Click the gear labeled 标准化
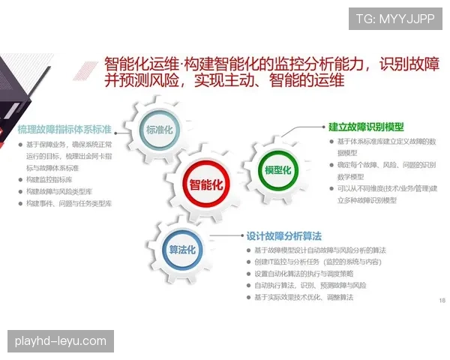click(159, 130)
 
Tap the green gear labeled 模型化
click(277, 169)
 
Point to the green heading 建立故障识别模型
click(366, 127)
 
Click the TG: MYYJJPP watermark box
click(394, 18)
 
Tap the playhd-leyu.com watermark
click(60, 341)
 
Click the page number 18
click(442, 300)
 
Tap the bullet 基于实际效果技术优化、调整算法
click(303, 298)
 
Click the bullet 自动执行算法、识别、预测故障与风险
click(310, 286)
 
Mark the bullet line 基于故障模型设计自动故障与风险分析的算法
click(320, 250)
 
